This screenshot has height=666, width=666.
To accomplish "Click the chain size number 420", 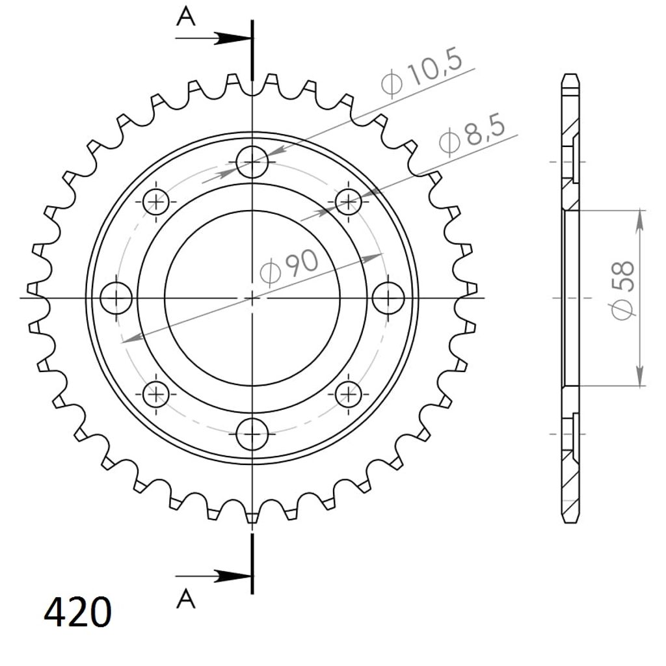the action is (x=78, y=612).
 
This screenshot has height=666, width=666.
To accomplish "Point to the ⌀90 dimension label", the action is (x=289, y=266).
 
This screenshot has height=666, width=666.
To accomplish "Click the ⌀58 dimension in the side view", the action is (x=623, y=290).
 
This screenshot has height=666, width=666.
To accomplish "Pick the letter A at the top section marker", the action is (x=185, y=18).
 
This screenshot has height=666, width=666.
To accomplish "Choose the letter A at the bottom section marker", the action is (x=185, y=599).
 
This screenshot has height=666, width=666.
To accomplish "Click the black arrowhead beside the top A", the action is (x=233, y=38).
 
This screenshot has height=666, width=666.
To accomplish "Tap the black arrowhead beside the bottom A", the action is (x=233, y=576).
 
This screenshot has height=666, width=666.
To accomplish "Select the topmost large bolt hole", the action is (x=252, y=162).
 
